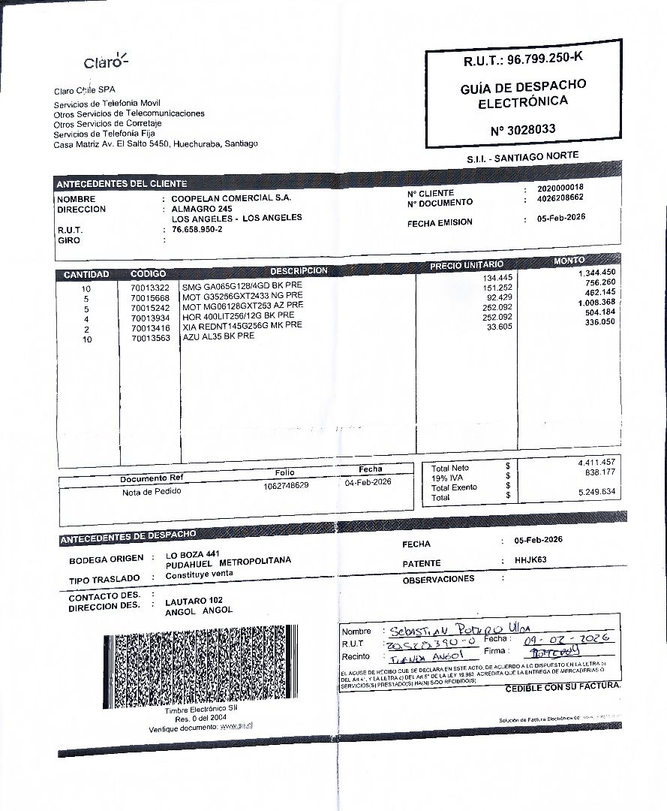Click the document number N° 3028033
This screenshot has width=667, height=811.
pos(523,129)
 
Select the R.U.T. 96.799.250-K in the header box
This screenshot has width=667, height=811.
pos(524,59)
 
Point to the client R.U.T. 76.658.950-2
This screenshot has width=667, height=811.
pos(197,230)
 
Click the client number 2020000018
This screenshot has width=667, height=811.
pos(560,187)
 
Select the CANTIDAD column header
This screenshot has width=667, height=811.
pos(86,275)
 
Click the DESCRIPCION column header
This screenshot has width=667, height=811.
pos(299,270)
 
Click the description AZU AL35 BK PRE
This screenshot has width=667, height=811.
pos(218,336)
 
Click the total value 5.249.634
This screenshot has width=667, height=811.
pos(597,491)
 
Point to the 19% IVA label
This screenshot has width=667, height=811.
pos(447,478)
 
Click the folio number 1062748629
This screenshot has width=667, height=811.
pos(286,485)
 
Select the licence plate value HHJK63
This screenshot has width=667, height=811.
pos(531,559)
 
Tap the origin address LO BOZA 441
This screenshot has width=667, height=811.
pos(192,554)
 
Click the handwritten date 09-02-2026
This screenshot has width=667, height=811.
pos(566,639)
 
